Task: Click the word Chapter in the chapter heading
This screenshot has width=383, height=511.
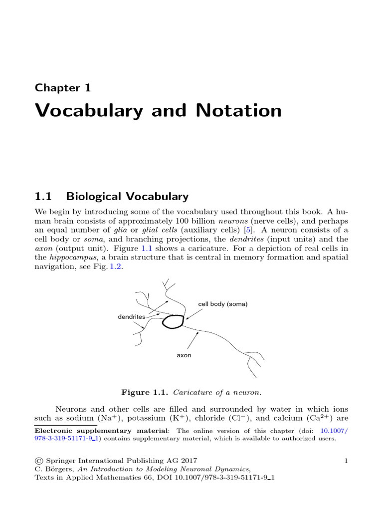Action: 54,88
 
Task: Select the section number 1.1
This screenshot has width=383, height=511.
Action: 43,196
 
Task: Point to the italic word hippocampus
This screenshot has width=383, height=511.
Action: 70,257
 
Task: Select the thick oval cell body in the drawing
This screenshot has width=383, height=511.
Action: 173,321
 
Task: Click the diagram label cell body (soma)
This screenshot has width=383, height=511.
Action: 222,304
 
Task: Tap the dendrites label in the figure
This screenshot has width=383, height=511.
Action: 131,317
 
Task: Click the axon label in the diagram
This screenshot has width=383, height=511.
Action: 184,356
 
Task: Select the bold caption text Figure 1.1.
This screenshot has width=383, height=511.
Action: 142,393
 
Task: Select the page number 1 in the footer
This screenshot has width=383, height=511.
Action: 345,461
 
